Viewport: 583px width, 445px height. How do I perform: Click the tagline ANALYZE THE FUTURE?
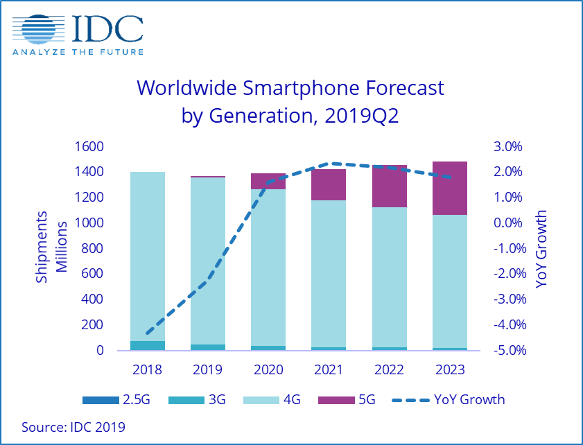78,51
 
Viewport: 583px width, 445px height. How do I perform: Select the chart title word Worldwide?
186,89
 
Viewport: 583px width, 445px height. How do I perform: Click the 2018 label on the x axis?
147,369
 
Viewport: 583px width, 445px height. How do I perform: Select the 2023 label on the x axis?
449,369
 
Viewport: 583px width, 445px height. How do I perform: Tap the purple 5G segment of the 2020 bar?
268,181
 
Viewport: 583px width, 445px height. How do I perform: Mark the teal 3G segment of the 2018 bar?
147,344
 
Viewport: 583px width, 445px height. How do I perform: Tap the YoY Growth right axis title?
541,248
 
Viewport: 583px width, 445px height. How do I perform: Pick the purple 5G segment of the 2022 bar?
389,186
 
